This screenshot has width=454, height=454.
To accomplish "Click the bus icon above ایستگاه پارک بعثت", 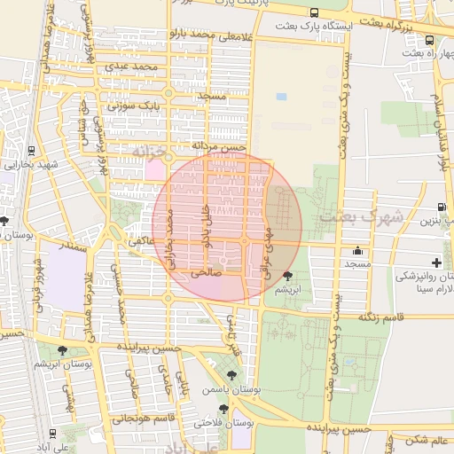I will [315, 13].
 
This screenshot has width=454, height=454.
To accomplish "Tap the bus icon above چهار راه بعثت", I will [430, 40].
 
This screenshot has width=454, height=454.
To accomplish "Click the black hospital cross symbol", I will [436, 262].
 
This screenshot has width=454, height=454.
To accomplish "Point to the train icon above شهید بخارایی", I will [32, 150].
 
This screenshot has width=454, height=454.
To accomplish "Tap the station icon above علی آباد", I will [53, 434].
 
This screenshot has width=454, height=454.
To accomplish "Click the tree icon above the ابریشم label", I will [286, 276].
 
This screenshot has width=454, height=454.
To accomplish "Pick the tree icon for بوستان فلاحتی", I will [223, 409].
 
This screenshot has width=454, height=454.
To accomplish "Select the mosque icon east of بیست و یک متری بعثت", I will [357, 250].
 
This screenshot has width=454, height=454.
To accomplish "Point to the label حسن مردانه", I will [216, 145].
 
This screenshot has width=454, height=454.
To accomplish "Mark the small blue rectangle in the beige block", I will [281, 96].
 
